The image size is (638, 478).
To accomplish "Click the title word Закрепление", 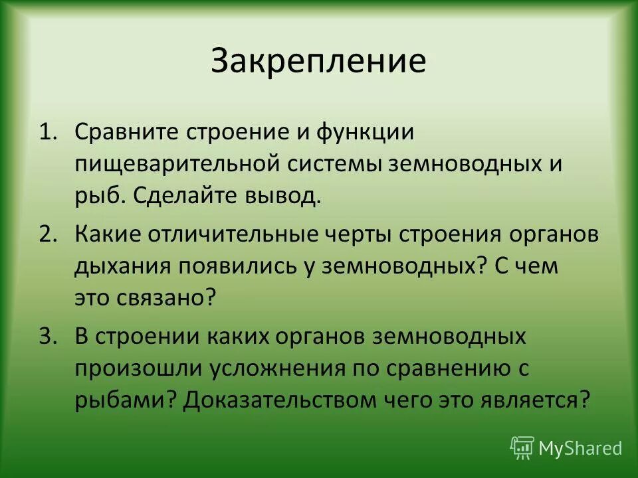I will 318,61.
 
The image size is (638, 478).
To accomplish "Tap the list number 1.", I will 47,131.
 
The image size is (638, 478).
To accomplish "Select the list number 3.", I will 47,337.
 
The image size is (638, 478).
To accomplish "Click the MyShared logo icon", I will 522,447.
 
